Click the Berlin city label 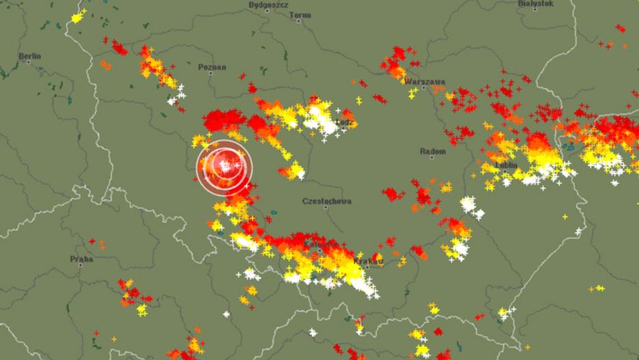[30, 55]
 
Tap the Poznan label [212, 67]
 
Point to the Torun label [300, 14]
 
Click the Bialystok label [537, 3]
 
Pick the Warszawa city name [425, 81]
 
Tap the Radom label [433, 151]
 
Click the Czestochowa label [326, 202]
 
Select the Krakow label [369, 261]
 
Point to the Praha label [81, 259]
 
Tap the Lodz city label [345, 122]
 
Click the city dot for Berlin [28, 63]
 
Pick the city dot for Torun [300, 21]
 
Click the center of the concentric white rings [225, 167]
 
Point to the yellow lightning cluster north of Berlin [78, 16]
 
